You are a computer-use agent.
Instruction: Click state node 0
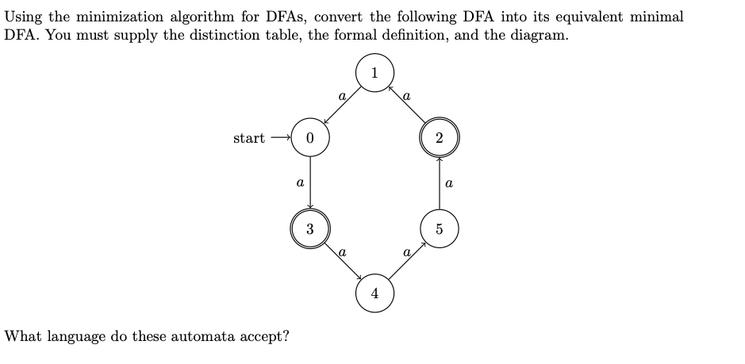(x=309, y=138)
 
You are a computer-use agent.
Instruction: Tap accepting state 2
(x=439, y=138)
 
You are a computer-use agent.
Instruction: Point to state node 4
(x=374, y=294)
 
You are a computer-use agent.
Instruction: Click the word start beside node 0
(x=249, y=138)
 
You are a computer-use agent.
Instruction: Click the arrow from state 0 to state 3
(x=309, y=182)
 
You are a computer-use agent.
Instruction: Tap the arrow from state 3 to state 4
(x=342, y=262)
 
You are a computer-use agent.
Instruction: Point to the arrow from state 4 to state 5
(x=407, y=262)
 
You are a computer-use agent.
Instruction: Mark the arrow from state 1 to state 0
(x=342, y=105)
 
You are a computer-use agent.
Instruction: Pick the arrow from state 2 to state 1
(x=407, y=105)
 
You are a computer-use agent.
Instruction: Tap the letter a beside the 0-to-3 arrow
(x=299, y=183)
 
